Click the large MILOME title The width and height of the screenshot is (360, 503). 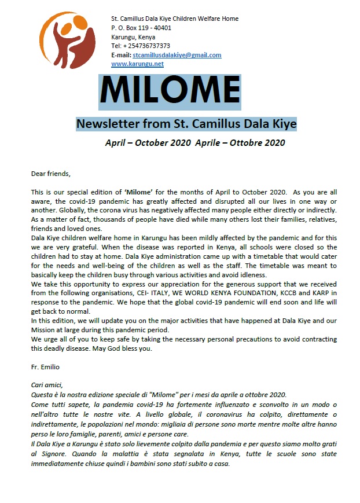tap(170, 91)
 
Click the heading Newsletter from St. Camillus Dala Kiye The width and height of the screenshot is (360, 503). tap(186, 123)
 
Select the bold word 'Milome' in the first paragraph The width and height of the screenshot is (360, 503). tap(141, 191)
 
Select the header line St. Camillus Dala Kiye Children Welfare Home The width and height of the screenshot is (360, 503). tap(175, 19)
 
